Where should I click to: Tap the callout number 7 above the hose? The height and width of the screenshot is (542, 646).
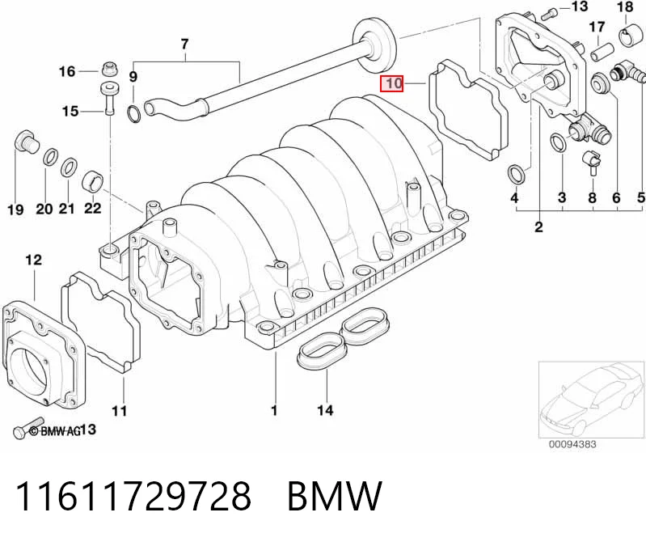[184, 44]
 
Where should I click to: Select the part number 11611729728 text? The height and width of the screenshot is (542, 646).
[133, 496]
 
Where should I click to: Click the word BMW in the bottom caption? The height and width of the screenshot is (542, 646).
[335, 496]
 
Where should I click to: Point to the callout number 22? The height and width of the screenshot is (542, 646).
[92, 208]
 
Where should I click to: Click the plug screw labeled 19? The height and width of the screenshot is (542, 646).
[26, 144]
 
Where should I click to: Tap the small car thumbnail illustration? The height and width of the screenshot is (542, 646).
[591, 399]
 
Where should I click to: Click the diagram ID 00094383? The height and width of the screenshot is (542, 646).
[572, 444]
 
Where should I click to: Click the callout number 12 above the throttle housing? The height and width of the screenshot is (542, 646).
[33, 260]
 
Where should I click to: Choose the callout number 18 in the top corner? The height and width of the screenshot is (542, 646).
[625, 6]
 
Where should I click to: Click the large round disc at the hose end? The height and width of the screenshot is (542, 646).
[376, 45]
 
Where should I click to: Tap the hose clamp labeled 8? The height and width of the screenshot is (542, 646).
[589, 162]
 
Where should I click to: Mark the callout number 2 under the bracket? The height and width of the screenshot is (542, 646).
[538, 227]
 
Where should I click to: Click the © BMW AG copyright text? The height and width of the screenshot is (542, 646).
[56, 431]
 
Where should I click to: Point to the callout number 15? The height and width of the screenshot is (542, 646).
[70, 111]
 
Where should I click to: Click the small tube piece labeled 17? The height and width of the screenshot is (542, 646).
[600, 52]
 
